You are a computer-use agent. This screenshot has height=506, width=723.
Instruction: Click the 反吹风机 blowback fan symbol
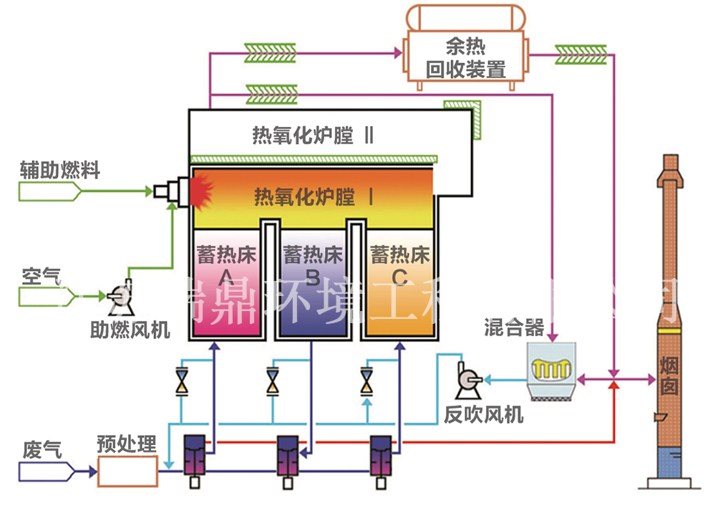pyautogui.click(x=469, y=378)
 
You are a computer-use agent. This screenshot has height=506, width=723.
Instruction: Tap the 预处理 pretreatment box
pyautogui.click(x=127, y=471)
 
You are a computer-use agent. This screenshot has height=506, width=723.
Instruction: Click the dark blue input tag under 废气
pyautogui.click(x=46, y=471)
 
